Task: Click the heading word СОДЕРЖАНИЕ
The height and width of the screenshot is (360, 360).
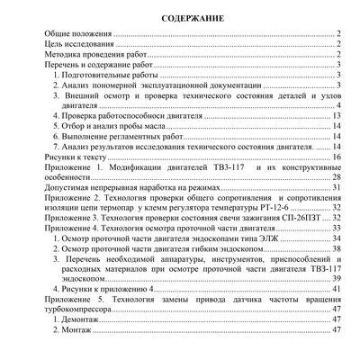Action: pos(180,18)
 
